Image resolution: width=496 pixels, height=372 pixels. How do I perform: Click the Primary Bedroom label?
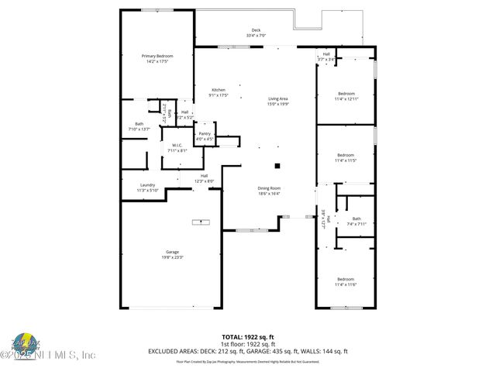(x=157, y=57)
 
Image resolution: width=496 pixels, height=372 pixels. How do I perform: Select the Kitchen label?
(x=218, y=90)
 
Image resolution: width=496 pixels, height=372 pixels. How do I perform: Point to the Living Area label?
(x=278, y=98)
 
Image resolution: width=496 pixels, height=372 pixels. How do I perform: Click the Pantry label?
(x=205, y=133)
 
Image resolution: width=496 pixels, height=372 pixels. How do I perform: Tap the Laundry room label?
(x=147, y=185)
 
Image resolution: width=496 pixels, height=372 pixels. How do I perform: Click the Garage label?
(x=172, y=251)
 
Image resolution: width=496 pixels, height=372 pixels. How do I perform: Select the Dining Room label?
(x=269, y=188)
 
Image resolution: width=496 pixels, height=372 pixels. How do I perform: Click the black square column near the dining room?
(x=277, y=165)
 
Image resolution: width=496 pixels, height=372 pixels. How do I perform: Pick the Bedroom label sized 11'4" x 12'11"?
(x=346, y=94)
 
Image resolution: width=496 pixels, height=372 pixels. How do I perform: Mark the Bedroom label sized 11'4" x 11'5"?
(x=346, y=155)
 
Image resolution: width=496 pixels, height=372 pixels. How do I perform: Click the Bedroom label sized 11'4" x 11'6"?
(x=346, y=279)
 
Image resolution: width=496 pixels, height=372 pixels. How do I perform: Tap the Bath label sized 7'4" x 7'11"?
(x=356, y=219)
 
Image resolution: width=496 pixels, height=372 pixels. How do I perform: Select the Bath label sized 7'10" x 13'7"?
(x=139, y=124)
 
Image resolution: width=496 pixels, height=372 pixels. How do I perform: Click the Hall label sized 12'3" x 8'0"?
(x=204, y=176)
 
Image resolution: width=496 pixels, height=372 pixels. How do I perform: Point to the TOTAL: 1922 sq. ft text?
(x=247, y=338)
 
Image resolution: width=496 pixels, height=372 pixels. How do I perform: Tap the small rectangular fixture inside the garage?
(x=201, y=222)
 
